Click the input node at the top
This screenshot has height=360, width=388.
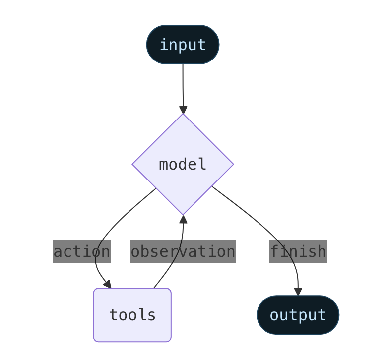click(x=183, y=45)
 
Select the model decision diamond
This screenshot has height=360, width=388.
click(x=183, y=164)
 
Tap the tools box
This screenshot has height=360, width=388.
click(x=132, y=315)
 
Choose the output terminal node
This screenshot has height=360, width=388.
click(x=298, y=315)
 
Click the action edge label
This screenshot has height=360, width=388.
click(x=81, y=251)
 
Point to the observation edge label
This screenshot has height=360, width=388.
click(x=183, y=251)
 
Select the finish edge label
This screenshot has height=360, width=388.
click(x=298, y=251)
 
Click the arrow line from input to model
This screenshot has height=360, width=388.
click(x=183, y=84)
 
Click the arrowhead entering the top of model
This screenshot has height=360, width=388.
click(x=183, y=110)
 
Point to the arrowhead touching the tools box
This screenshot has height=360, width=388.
click(x=107, y=284)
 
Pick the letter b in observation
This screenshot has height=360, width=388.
click(x=147, y=251)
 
